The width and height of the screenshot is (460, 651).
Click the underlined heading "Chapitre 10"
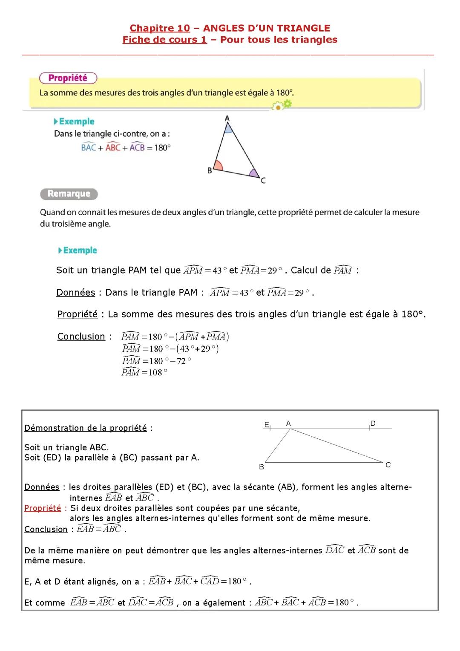(160, 29)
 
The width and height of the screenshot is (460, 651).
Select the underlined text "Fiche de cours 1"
(164, 40)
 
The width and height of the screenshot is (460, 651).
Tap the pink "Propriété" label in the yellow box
(68, 78)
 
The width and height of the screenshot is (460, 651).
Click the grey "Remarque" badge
(69, 194)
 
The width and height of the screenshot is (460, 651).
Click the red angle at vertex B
(218, 165)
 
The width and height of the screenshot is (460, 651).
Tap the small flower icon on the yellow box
(283, 105)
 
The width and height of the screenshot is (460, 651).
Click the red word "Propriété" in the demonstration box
(43, 508)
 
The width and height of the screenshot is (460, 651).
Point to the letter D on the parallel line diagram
(373, 423)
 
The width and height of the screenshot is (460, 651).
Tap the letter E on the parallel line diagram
(267, 425)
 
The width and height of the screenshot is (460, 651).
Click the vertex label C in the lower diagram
(388, 465)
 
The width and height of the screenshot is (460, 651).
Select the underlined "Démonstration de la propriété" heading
(86, 428)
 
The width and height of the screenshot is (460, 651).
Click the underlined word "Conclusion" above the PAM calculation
(81, 337)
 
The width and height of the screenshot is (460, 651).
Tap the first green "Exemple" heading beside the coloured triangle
(76, 122)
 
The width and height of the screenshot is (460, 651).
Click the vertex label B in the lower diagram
(262, 467)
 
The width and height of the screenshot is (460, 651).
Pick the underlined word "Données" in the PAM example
(75, 293)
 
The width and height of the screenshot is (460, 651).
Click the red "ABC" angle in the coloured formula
(113, 147)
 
